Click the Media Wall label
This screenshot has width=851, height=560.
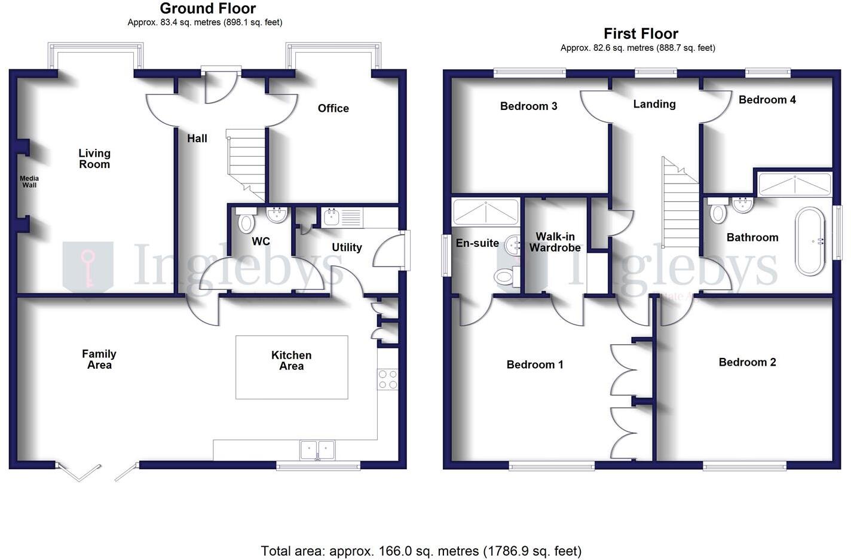pyautogui.click(x=29, y=182)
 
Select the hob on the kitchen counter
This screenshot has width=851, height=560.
pyautogui.click(x=387, y=380)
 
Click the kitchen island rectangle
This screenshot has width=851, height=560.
pyautogui.click(x=292, y=367)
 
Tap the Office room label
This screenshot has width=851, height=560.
pyautogui.click(x=333, y=108)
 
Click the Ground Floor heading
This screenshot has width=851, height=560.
pyautogui.click(x=207, y=8)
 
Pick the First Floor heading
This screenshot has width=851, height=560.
pyautogui.click(x=641, y=33)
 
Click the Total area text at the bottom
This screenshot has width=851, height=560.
pyautogui.click(x=421, y=550)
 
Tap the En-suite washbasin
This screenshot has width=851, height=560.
pyautogui.click(x=513, y=244)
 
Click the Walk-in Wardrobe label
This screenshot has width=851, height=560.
pyautogui.click(x=555, y=242)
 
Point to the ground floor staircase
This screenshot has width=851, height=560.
pyautogui.click(x=246, y=162)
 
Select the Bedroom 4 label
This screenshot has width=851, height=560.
pyautogui.click(x=767, y=100)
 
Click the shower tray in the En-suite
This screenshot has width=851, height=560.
pyautogui.click(x=485, y=212)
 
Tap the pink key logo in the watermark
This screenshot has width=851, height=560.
pyautogui.click(x=88, y=267)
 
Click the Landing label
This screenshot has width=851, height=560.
pyautogui.click(x=654, y=104)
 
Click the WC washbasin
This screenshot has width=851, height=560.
pyautogui.click(x=277, y=214)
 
